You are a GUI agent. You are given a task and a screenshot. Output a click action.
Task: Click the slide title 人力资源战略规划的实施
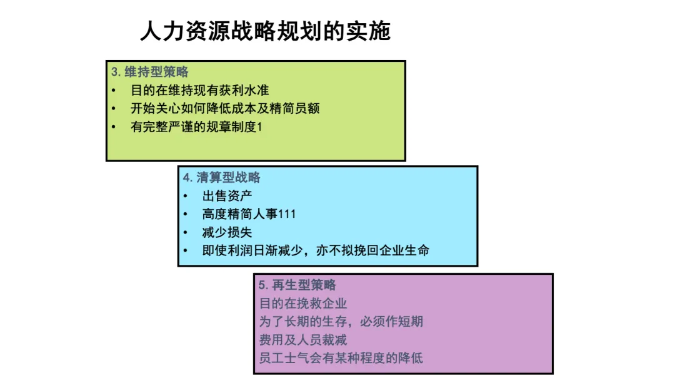coord(265,31)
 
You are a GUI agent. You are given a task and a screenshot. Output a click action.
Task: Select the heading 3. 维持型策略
coord(150,72)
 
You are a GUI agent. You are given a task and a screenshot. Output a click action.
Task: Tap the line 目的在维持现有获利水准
coord(199,90)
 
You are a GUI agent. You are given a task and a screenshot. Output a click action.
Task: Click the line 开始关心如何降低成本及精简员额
coord(225,108)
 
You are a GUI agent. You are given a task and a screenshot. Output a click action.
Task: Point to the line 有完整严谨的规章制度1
coord(196,126)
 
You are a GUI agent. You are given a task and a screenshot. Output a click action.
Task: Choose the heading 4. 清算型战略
coord(222,177)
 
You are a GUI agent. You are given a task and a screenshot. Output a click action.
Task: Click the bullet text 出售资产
coord(227,196)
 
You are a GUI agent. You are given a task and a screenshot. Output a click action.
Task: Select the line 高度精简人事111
coord(249,214)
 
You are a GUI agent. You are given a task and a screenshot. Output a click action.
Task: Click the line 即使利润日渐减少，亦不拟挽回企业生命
coord(316,250)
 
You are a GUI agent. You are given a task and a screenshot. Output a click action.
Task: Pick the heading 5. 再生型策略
coord(297,285)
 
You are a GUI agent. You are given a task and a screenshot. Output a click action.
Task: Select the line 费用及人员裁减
coord(303,340)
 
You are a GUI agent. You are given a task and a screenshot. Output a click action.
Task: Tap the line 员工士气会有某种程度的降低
coord(341,359)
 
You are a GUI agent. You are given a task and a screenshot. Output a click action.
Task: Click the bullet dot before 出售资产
coord(186,196)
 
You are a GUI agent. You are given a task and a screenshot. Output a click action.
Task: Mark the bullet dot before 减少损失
coord(186,232)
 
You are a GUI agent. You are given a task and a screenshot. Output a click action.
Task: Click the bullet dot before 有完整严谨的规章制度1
coord(114,126)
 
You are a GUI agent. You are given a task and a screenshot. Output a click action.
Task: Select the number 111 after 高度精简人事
coord(287,214)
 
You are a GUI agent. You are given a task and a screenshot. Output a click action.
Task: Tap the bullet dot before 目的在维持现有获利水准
coord(114,90)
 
